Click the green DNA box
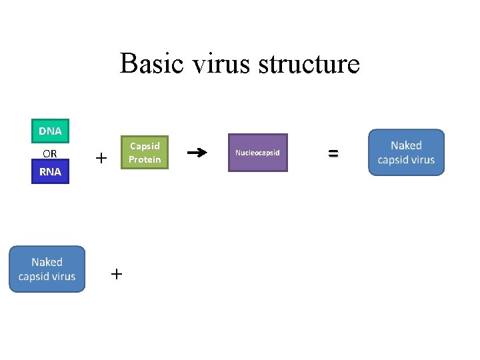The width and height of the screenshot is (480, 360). pyautogui.click(x=50, y=131)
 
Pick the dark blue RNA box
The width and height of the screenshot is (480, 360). pyautogui.click(x=50, y=172)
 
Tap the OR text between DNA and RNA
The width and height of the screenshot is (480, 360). pyautogui.click(x=50, y=153)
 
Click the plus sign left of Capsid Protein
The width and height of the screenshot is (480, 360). pyautogui.click(x=101, y=159)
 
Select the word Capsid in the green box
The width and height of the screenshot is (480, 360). pyautogui.click(x=145, y=146)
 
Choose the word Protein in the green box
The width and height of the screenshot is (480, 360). pyautogui.click(x=145, y=160)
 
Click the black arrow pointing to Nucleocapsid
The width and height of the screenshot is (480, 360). pyautogui.click(x=197, y=153)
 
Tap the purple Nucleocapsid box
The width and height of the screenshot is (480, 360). pyautogui.click(x=258, y=153)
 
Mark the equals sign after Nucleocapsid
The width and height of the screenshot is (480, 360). pyautogui.click(x=333, y=153)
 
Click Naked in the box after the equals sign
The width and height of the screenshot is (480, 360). pyautogui.click(x=406, y=145)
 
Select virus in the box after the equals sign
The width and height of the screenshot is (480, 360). pyautogui.click(x=423, y=160)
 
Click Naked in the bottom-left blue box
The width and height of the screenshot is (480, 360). pyautogui.click(x=47, y=262)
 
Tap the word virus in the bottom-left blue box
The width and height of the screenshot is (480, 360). pyautogui.click(x=64, y=277)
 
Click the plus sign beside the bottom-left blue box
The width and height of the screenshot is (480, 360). pyautogui.click(x=117, y=274)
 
